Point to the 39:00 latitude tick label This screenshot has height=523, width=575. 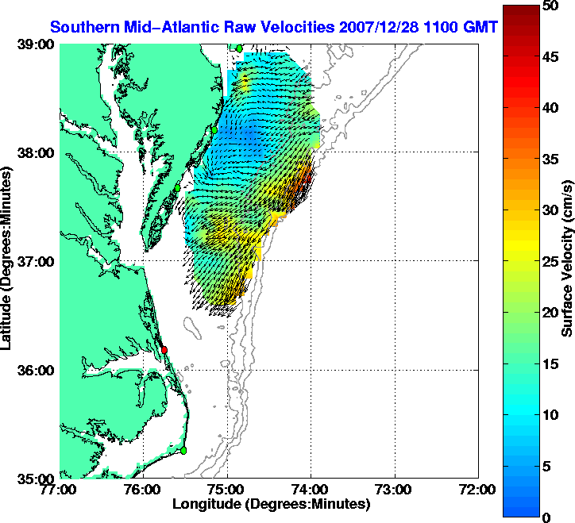(35, 44)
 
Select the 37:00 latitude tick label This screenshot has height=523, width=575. (35, 261)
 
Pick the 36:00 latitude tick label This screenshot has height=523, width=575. (35, 370)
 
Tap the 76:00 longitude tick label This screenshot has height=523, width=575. (144, 490)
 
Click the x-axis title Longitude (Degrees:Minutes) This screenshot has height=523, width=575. (271, 504)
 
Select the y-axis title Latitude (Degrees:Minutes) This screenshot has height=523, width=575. (7, 261)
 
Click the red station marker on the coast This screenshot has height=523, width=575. (164, 350)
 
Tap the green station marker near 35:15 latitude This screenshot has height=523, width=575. (183, 450)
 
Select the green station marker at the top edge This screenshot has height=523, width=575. (238, 48)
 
